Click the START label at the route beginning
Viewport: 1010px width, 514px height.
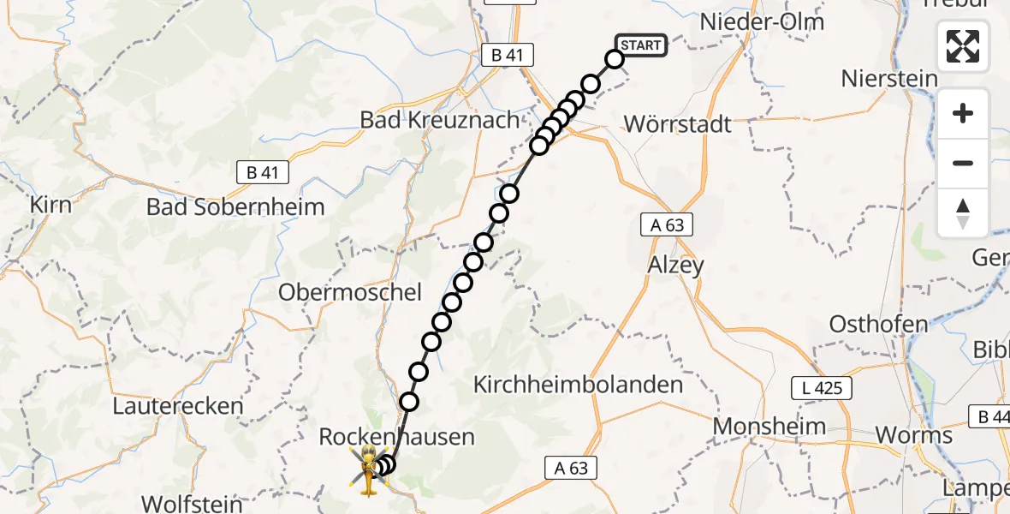[640, 45]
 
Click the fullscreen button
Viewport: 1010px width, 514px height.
[963, 46]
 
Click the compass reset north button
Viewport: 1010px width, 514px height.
[963, 213]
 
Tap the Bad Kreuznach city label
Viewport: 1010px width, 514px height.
[440, 120]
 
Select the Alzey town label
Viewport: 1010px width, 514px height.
[675, 265]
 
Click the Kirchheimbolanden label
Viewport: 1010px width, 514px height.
[579, 385]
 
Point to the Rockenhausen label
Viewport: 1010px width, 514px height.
[396, 437]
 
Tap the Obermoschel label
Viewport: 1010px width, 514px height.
[350, 292]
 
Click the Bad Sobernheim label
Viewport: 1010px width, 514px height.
[235, 206]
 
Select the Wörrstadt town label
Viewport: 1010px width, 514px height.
[678, 124]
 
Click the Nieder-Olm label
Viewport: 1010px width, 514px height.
[762, 21]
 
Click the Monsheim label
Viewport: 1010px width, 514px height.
[769, 426]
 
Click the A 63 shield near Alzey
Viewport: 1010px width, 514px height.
[667, 225]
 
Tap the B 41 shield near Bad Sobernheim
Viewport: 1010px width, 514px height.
[263, 172]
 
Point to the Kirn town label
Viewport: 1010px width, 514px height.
[51, 206]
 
